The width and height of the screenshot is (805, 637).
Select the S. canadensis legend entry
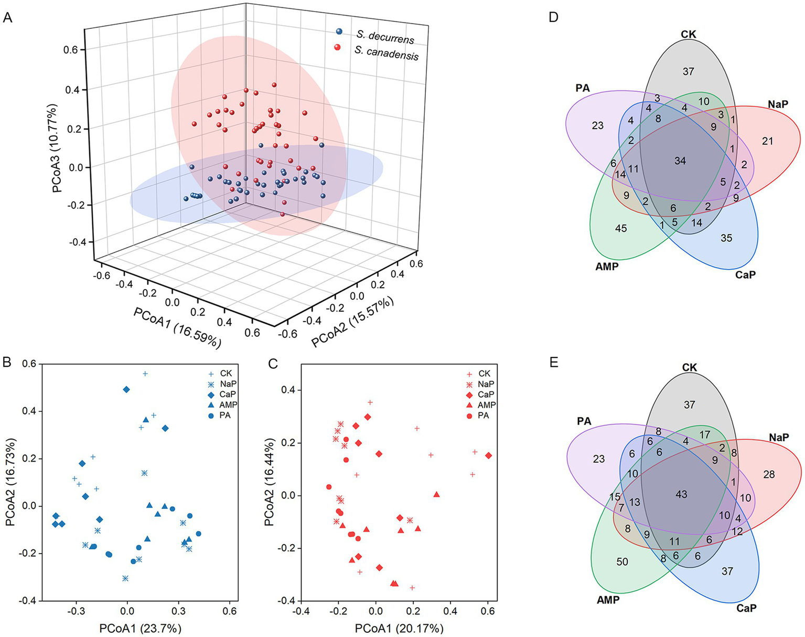(386, 53)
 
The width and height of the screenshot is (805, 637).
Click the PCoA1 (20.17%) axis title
(399, 628)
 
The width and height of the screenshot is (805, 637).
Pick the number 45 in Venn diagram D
(621, 228)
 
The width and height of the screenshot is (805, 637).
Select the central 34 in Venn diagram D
(680, 161)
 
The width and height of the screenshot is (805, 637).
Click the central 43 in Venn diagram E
(681, 494)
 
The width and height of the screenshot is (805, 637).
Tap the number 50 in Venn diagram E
(622, 562)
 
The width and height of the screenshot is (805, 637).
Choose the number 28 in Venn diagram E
(769, 474)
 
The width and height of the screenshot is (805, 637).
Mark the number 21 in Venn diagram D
(768, 141)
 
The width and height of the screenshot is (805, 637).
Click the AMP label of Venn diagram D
(607, 267)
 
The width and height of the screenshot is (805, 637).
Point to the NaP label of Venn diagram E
(779, 437)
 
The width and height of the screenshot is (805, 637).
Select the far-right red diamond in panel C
(488, 455)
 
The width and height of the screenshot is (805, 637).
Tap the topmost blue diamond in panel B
(126, 389)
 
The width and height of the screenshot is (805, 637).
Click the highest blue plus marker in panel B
(145, 374)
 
